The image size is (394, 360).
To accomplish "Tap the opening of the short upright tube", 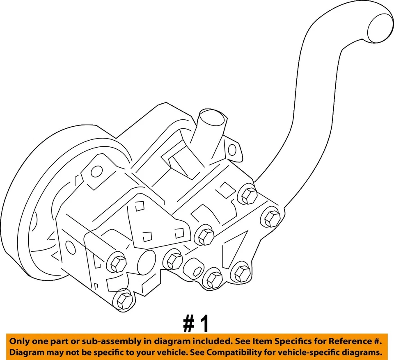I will pos(213,118).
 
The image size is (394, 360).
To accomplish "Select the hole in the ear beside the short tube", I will pos(232,150).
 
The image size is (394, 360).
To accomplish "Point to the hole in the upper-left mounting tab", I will pos(96,171).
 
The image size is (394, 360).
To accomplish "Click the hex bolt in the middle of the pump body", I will pos(205,235).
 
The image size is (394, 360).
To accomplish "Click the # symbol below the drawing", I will pos(188,324).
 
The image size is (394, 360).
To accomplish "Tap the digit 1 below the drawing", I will pos(204,324).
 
